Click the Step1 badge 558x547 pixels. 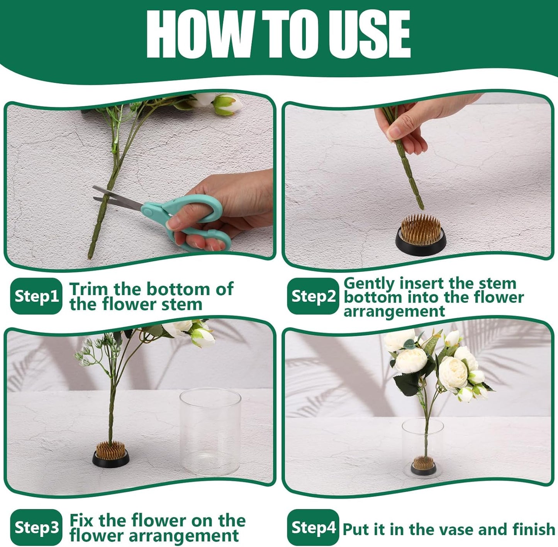click(x=36, y=296)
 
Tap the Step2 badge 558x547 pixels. click(x=313, y=296)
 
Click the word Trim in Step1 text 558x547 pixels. click(x=88, y=289)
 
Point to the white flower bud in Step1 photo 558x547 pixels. click(x=227, y=105)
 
